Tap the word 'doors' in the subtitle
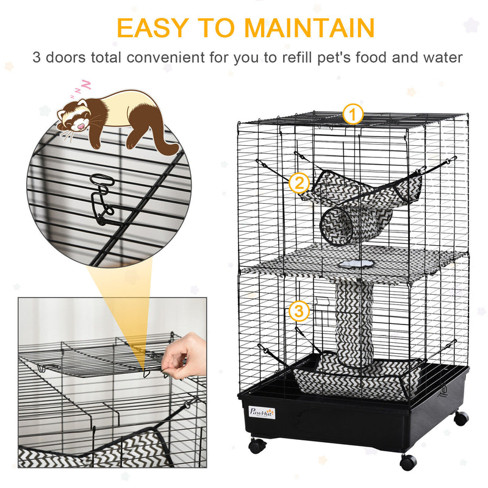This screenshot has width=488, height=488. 66,57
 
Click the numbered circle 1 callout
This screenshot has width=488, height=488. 353,114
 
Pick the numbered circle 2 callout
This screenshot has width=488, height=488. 299,182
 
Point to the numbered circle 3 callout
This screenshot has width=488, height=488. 299,310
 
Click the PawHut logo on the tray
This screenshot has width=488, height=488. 262,412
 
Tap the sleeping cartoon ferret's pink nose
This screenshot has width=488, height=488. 81,126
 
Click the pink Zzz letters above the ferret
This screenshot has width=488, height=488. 81,88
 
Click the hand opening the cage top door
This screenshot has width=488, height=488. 184,356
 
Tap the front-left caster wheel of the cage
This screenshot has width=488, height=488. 257,445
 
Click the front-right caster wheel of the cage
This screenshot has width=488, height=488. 408,462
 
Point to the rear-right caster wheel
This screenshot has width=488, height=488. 461,418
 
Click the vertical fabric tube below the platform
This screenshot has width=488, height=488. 354,324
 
